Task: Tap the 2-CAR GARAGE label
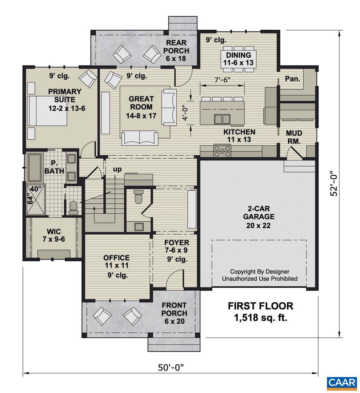click(259, 217)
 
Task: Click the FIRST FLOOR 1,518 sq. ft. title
click(260, 311)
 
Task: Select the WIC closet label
click(53, 235)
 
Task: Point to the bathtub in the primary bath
click(35, 167)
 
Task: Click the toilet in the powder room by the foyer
click(139, 197)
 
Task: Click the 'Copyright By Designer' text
click(260, 272)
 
